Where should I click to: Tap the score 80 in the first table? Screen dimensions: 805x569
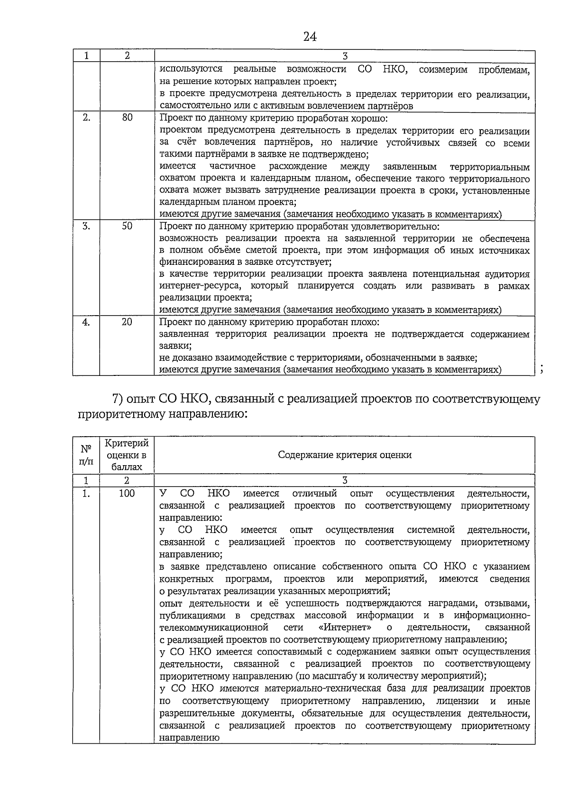(127, 118)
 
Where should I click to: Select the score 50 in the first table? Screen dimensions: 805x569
(127, 226)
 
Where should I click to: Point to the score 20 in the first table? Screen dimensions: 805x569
(127, 322)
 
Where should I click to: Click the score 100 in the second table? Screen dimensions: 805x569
(127, 493)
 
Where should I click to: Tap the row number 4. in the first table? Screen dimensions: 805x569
(86, 322)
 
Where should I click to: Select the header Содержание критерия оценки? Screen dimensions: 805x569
(345, 455)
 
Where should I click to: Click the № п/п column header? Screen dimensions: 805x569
(86, 455)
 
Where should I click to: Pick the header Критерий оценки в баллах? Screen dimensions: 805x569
(127, 455)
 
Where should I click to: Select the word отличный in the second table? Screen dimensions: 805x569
(315, 494)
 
